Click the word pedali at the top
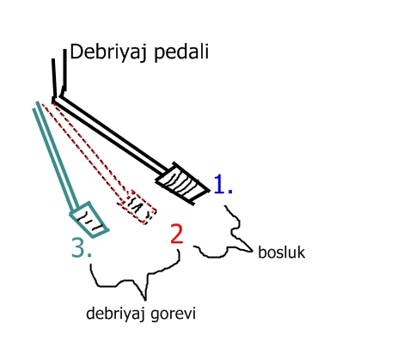pyautogui.click(x=181, y=52)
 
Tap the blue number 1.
pyautogui.click(x=223, y=184)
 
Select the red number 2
pyautogui.click(x=176, y=234)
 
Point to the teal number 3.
pyautogui.click(x=82, y=247)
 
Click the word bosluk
pyautogui.click(x=282, y=253)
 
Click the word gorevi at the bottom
pyautogui.click(x=174, y=314)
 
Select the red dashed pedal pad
pyautogui.click(x=137, y=206)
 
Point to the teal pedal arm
pyautogui.click(x=56, y=156)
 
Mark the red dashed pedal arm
pyautogui.click(x=86, y=151)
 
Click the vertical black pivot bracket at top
pyautogui.click(x=59, y=75)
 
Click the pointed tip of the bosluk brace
pyautogui.click(x=252, y=252)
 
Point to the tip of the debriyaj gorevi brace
pyautogui.click(x=145, y=300)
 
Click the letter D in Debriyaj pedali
pyautogui.click(x=76, y=52)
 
